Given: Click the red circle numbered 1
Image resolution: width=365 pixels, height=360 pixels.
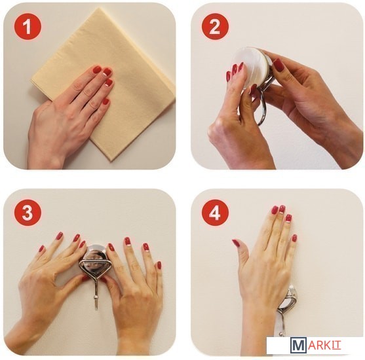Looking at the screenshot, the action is (x=28, y=27).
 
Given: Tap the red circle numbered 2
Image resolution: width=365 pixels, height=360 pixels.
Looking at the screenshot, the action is (x=215, y=27).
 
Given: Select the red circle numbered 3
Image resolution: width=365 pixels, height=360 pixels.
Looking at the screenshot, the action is (x=28, y=212).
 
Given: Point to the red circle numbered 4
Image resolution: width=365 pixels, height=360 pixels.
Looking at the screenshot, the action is (x=215, y=212).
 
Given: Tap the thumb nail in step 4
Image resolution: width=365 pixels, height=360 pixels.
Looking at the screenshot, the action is (x=235, y=243).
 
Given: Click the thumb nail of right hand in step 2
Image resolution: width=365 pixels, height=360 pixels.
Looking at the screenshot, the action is (x=279, y=65).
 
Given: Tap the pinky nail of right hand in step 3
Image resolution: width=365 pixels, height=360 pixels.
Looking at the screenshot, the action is (x=159, y=265).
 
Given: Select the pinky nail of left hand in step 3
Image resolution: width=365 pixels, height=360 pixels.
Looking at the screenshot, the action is (x=41, y=249).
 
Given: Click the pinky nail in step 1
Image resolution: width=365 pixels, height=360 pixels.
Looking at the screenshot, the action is (x=106, y=101).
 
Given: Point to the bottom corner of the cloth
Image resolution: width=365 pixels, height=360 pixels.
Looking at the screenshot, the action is (x=112, y=161).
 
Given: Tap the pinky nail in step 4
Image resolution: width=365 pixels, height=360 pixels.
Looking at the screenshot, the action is (x=294, y=238).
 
